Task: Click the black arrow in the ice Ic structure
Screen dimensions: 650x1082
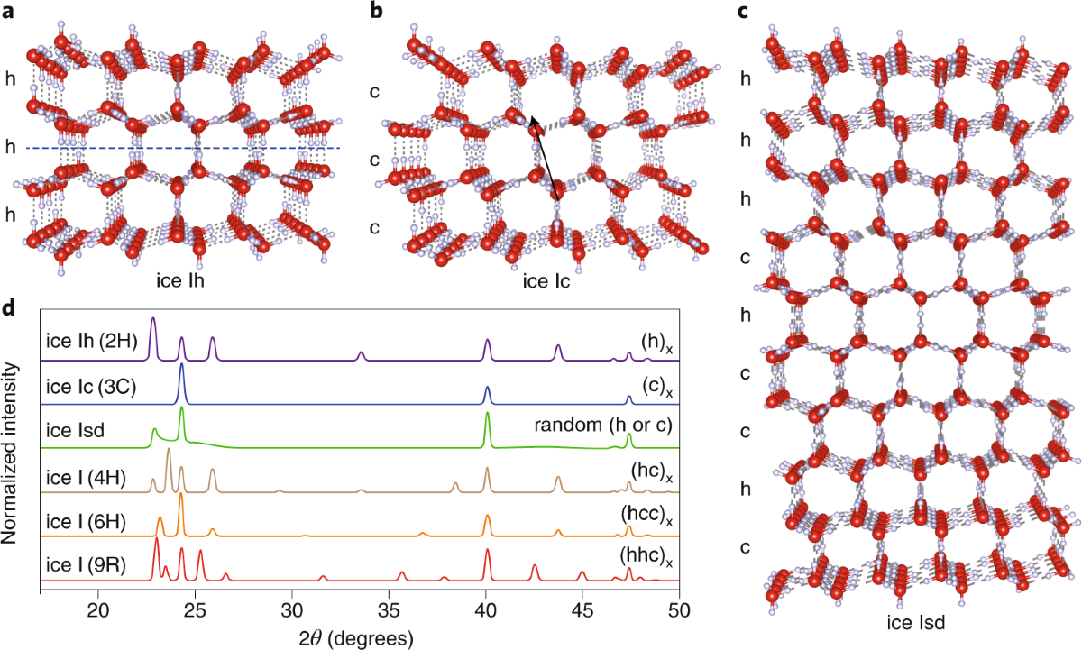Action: (546, 158)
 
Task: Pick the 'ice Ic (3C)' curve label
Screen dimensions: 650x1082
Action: (87, 385)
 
